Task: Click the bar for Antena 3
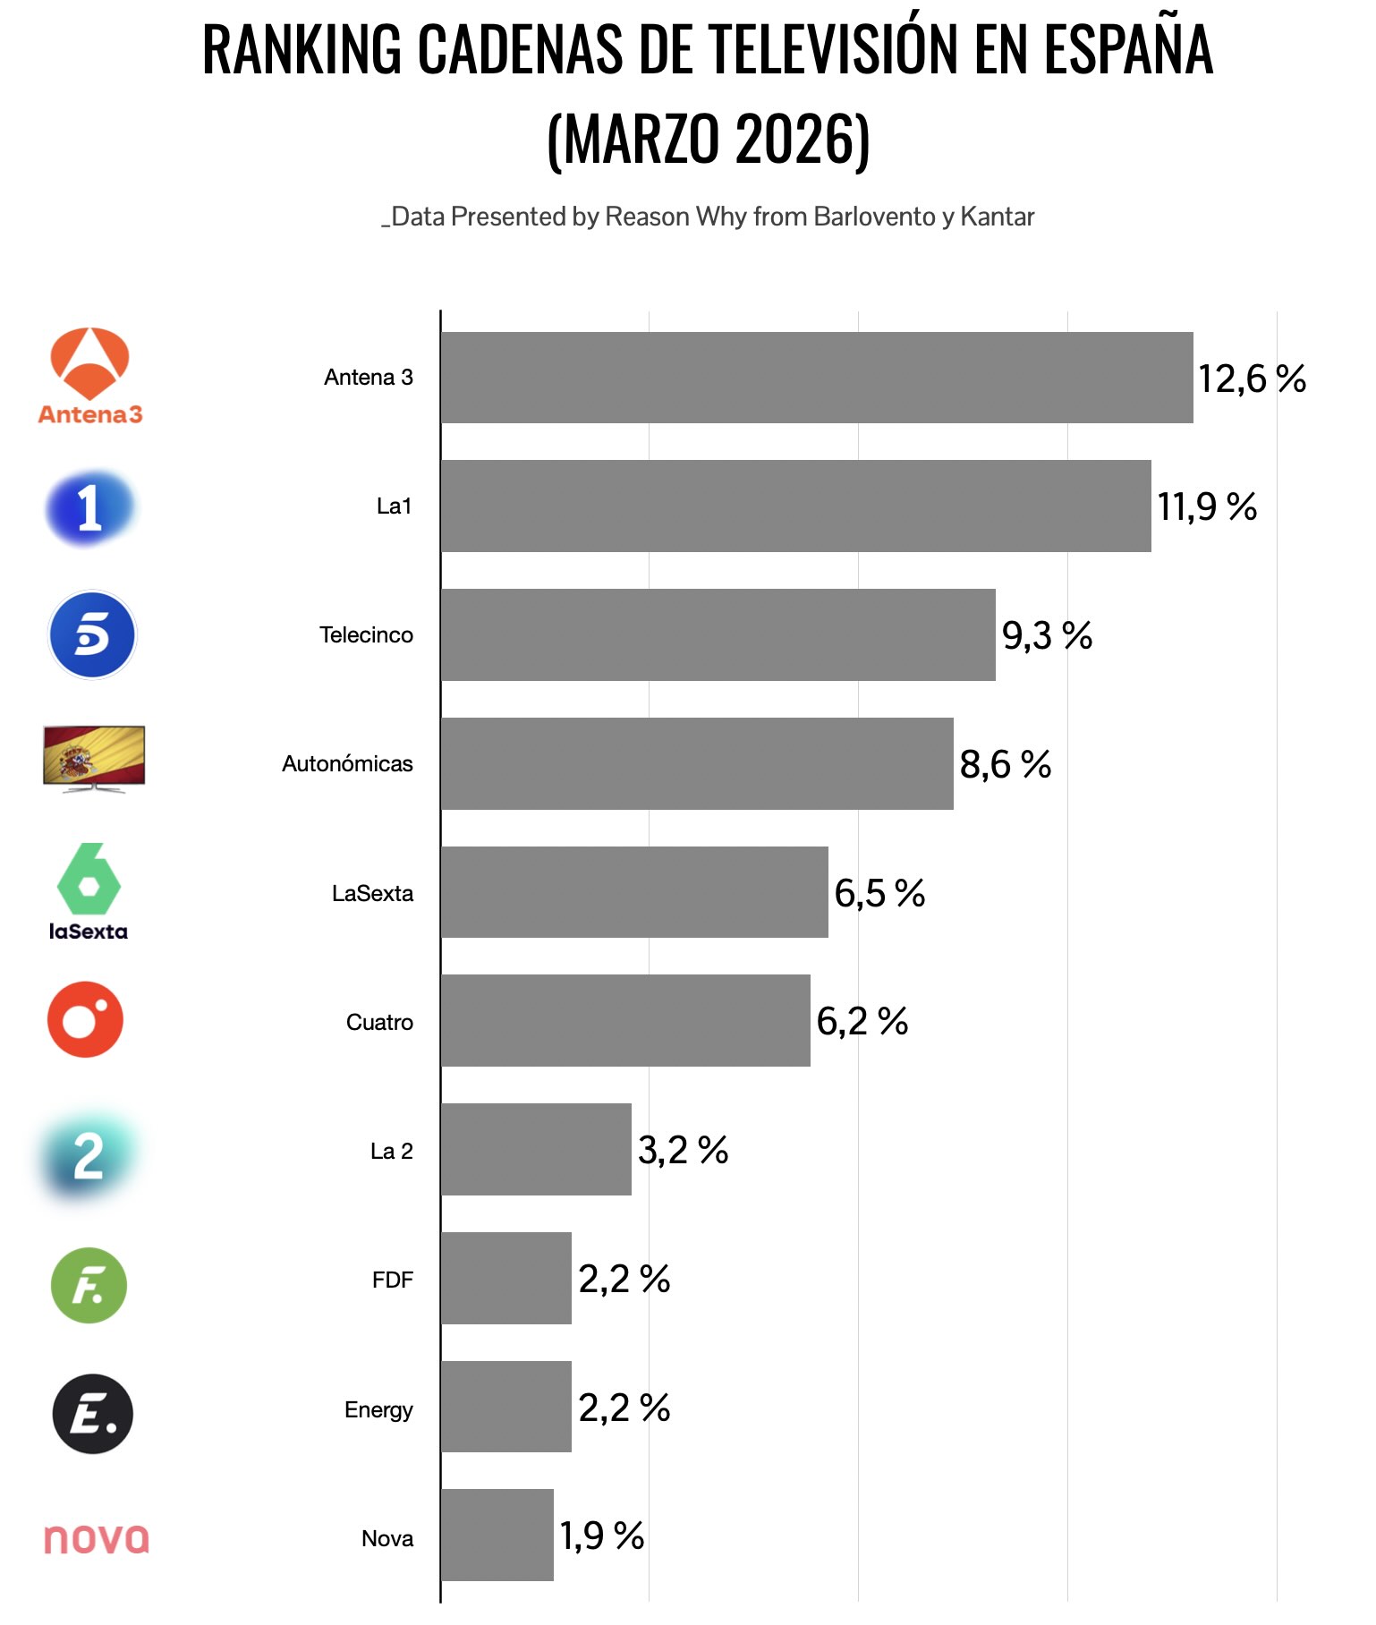(x=816, y=378)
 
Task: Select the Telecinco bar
(x=718, y=634)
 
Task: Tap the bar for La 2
(x=536, y=1149)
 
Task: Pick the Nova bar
(x=497, y=1535)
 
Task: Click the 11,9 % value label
(x=1206, y=506)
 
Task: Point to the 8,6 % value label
(x=1005, y=764)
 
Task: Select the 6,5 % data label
(x=879, y=893)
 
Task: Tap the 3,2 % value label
(x=683, y=1150)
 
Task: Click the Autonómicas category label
(x=347, y=764)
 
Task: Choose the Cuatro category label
(x=379, y=1022)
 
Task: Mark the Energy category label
(x=378, y=1409)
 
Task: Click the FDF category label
(x=392, y=1280)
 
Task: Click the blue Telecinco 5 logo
(x=91, y=634)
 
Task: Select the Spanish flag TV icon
(x=94, y=758)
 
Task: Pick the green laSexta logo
(x=88, y=891)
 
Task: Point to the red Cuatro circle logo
(x=85, y=1019)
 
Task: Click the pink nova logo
(x=97, y=1538)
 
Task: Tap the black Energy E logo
(x=92, y=1414)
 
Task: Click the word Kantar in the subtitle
(x=997, y=217)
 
